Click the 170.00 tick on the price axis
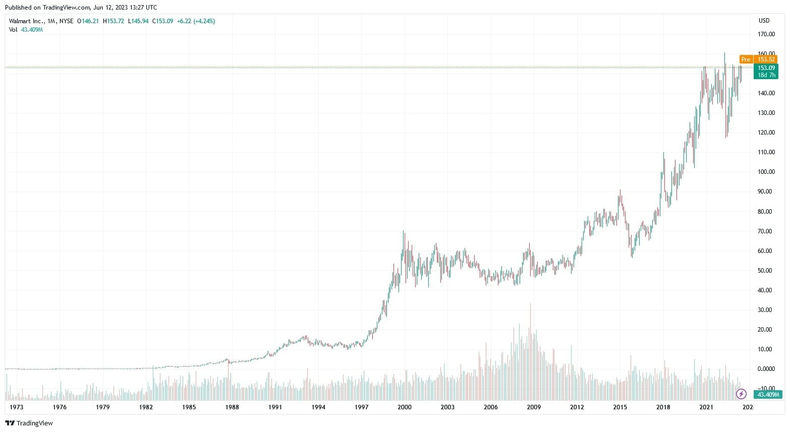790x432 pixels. [x=766, y=34]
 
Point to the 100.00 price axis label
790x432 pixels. [x=766, y=172]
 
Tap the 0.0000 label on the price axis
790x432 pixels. [x=766, y=369]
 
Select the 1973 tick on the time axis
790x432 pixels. [x=17, y=407]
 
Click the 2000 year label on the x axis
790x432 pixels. [x=405, y=407]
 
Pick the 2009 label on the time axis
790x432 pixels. [x=534, y=407]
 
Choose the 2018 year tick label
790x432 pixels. [x=663, y=407]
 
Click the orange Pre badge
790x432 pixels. [x=746, y=59]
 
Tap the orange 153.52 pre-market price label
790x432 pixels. [x=766, y=59]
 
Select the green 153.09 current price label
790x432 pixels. [x=766, y=68]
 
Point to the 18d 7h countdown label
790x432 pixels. [x=766, y=75]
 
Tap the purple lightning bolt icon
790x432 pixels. [x=741, y=394]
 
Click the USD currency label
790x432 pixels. [x=764, y=21]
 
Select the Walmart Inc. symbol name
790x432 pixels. [x=26, y=21]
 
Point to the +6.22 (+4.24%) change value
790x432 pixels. [x=196, y=21]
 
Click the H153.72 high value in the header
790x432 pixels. [x=113, y=21]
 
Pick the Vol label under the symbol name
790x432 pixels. [x=13, y=30]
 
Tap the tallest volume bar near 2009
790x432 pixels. [x=530, y=353]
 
